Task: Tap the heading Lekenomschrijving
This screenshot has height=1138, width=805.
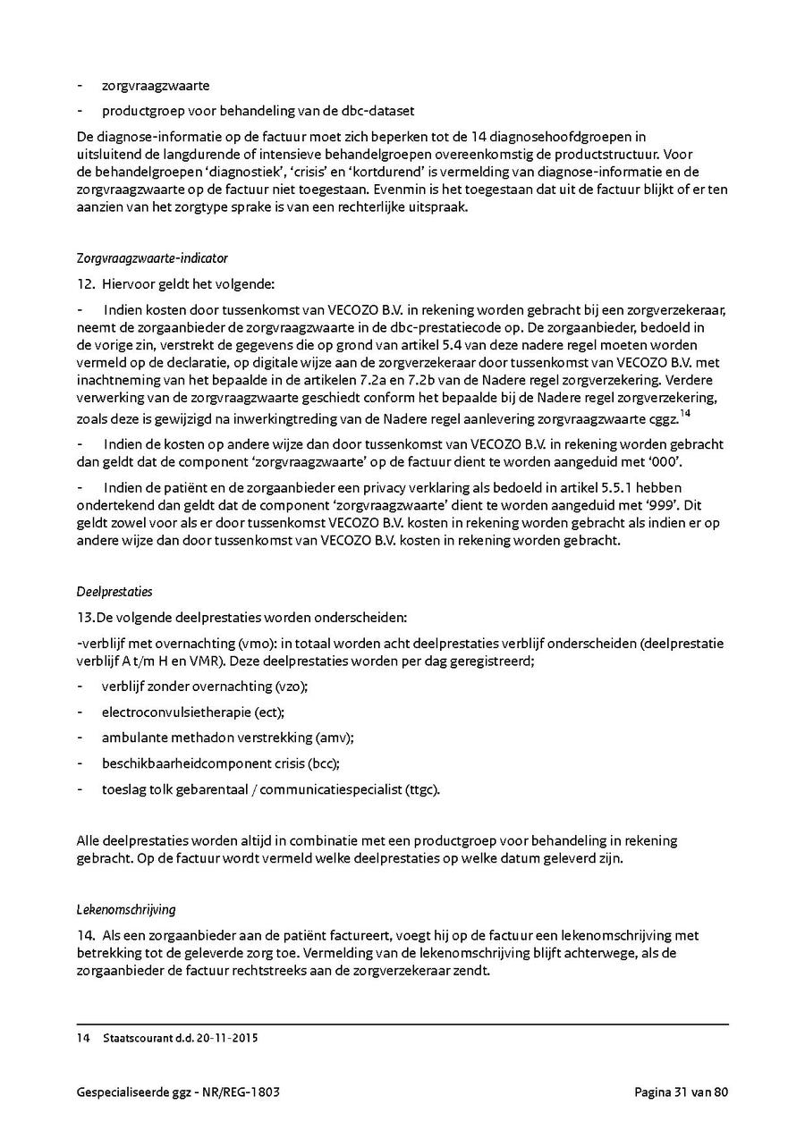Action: click(125, 909)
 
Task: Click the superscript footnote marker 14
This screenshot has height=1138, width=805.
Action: click(685, 412)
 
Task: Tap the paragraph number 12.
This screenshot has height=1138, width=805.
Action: click(86, 284)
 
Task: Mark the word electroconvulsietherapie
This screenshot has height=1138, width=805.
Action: click(176, 712)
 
